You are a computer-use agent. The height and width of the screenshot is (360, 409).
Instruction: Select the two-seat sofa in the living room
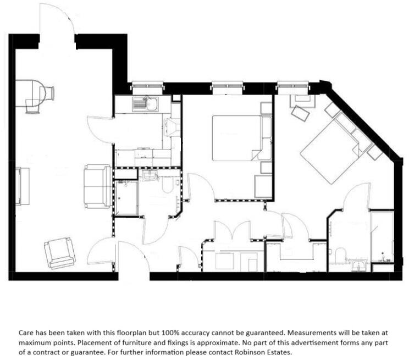pyautogui.click(x=98, y=185)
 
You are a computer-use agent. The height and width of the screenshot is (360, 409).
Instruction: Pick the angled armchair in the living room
pyautogui.click(x=59, y=253)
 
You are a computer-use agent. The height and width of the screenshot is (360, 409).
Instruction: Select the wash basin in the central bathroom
pyautogui.click(x=149, y=175)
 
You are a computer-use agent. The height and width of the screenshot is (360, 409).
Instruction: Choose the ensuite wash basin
pyautogui.click(x=359, y=266)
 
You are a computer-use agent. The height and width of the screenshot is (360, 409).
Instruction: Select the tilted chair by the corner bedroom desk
pyautogui.click(x=301, y=114)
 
